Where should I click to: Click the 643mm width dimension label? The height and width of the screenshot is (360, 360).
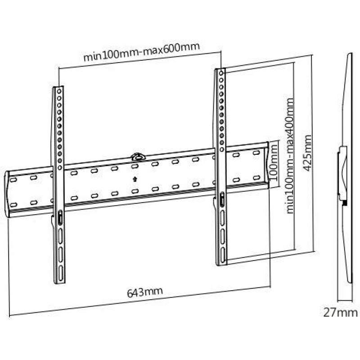coord(145,292)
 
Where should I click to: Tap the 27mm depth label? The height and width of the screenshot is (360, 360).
coord(340,313)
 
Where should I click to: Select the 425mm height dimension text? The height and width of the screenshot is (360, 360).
coord(307,153)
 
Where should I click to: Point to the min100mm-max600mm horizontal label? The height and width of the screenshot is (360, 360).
coord(141,52)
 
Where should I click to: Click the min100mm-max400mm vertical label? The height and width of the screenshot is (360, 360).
coord(290,156)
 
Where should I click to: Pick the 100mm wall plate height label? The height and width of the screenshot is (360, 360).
coord(274,162)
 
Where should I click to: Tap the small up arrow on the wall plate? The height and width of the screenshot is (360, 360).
coord(135,179)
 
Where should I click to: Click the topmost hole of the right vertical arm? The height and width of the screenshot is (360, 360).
coord(221,73)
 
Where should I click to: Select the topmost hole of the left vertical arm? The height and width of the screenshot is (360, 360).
coord(59,91)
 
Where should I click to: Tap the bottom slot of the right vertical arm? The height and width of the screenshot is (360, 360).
coord(223,254)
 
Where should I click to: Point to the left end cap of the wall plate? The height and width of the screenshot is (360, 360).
coord(7,194)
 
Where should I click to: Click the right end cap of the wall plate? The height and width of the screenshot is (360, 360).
coord(266,165)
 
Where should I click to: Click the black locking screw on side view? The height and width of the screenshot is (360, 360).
coord(344,203)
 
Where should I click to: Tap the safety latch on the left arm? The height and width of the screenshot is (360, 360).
coord(59,217)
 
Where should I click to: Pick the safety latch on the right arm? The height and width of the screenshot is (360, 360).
coord(222,199)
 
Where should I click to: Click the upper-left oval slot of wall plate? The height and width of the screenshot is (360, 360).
coord(13,180)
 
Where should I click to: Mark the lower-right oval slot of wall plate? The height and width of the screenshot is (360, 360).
coord(256,177)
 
